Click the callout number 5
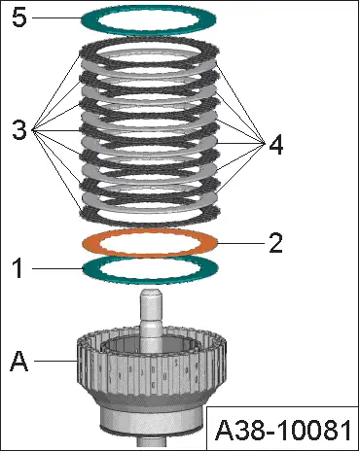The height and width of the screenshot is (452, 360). pyautogui.click(x=18, y=19)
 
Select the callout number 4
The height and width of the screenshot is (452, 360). pyautogui.click(x=277, y=147)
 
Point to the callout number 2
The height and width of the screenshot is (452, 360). pyautogui.click(x=275, y=242)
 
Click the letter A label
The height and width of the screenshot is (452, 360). pyautogui.click(x=18, y=362)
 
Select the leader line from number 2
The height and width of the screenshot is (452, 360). pyautogui.click(x=243, y=242)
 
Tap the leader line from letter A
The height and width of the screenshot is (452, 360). pyautogui.click(x=54, y=363)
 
